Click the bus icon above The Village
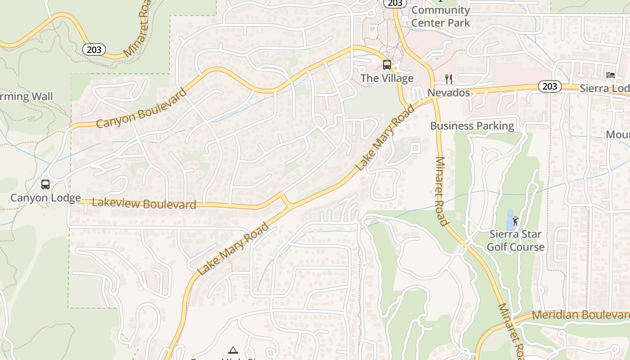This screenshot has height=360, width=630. [387, 65]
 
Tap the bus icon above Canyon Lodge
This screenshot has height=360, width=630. [45, 184]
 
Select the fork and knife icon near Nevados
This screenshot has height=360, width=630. [449, 79]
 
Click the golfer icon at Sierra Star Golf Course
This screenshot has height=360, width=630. [515, 221]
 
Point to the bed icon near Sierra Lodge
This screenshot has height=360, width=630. [611, 75]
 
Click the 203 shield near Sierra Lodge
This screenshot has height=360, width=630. [550, 86]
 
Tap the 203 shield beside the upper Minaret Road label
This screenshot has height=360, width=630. [94, 49]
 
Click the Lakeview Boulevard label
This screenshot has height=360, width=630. [144, 203]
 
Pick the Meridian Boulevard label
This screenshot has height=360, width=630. [580, 315]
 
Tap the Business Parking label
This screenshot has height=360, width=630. [472, 126]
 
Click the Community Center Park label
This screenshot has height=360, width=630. [441, 17]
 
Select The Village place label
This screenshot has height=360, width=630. [387, 78]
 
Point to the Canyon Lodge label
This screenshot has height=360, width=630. [45, 198]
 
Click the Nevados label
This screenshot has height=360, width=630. [449, 93]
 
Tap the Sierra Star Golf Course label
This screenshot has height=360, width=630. [515, 241]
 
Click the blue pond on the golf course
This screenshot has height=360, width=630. [510, 219]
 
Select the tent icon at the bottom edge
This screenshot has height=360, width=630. [233, 350]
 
